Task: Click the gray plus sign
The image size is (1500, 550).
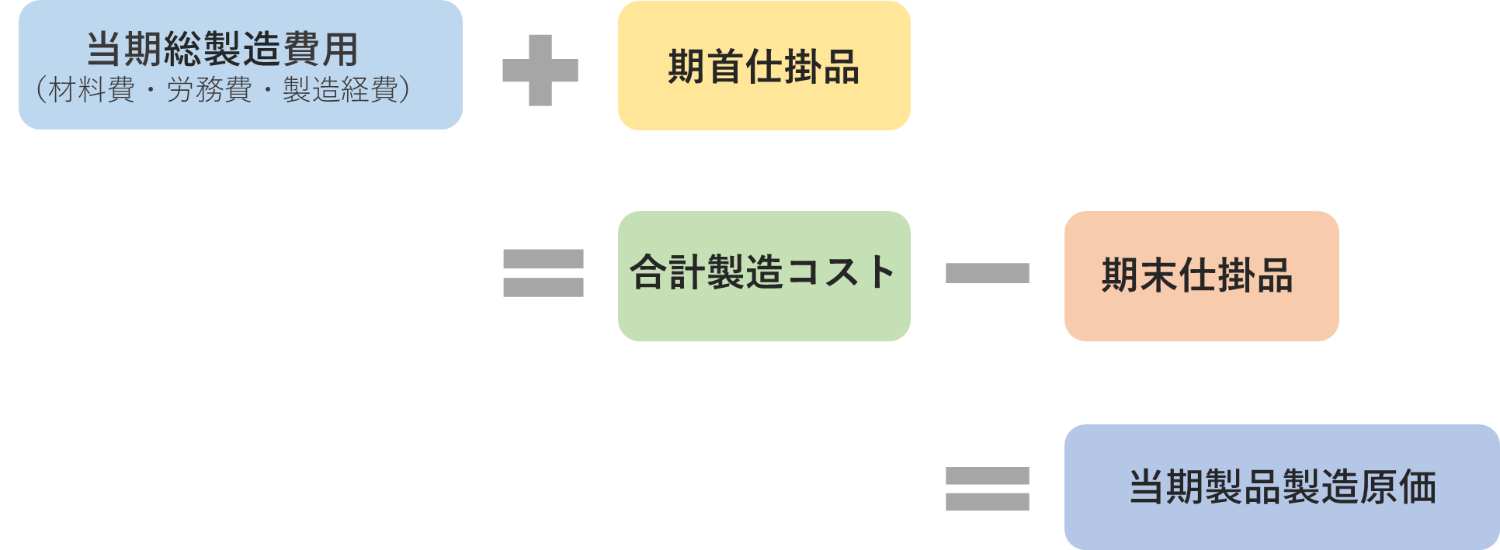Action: click(x=540, y=71)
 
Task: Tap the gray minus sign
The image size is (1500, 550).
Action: click(x=987, y=273)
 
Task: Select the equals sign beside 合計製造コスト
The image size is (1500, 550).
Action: click(x=543, y=273)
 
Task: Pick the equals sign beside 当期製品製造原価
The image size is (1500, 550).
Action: click(x=987, y=489)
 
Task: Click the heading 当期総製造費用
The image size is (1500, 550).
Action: click(x=222, y=50)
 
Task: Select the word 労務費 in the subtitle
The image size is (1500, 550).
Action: click(x=209, y=91)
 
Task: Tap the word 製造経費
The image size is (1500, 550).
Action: click(x=341, y=91)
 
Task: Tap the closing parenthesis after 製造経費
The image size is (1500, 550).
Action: click(x=403, y=91)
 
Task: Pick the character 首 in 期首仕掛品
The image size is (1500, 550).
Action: click(x=725, y=67)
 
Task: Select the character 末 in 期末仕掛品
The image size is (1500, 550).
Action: click(x=1158, y=275)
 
